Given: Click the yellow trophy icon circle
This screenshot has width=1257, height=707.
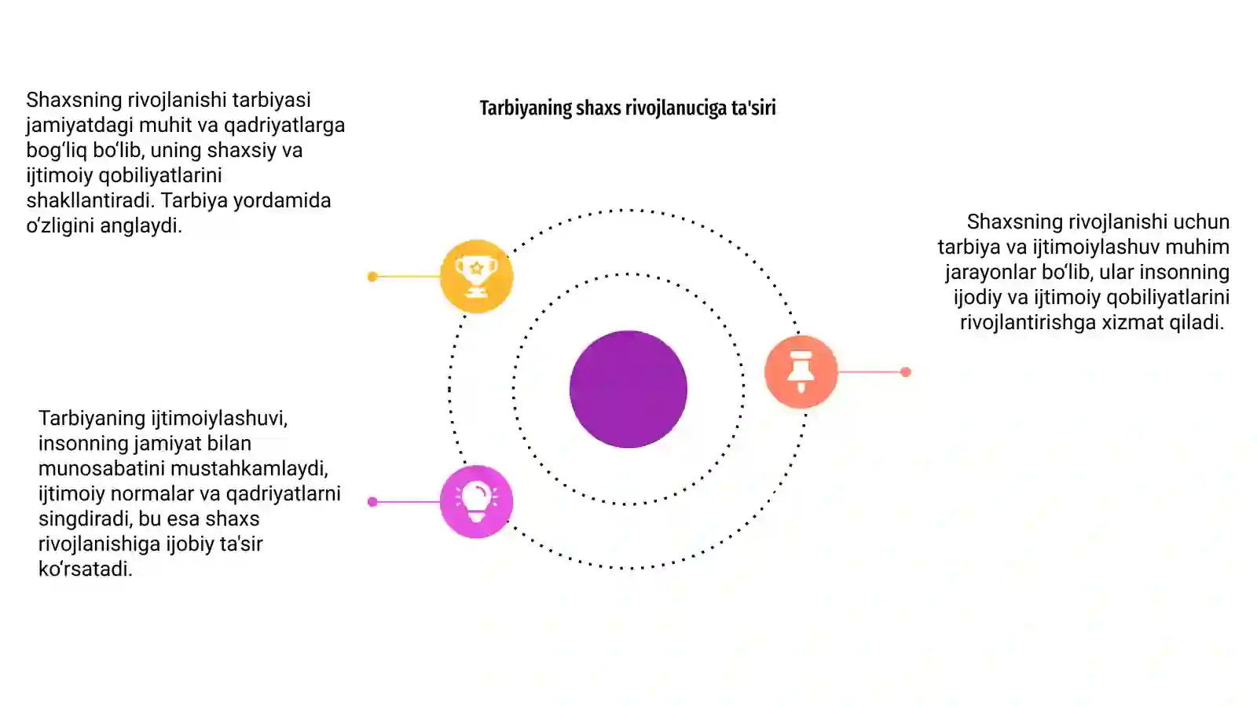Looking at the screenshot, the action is tap(476, 276).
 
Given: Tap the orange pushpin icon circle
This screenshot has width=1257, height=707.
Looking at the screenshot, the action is tap(801, 372).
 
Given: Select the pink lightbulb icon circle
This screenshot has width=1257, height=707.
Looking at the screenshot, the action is tap(476, 502).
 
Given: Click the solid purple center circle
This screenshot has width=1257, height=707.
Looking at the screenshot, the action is tap(628, 390).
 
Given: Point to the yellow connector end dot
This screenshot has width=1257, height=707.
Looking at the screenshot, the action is tap(372, 277).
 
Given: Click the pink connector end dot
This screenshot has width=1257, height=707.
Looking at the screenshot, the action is tap(372, 502).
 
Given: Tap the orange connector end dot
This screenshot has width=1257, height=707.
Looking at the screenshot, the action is tap(906, 372).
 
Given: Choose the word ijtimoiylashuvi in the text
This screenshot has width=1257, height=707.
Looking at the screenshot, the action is tap(219, 419).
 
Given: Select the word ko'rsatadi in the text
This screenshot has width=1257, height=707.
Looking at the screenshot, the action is tap(86, 569).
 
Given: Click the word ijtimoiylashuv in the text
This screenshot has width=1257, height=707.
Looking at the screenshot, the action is tap(1097, 247).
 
